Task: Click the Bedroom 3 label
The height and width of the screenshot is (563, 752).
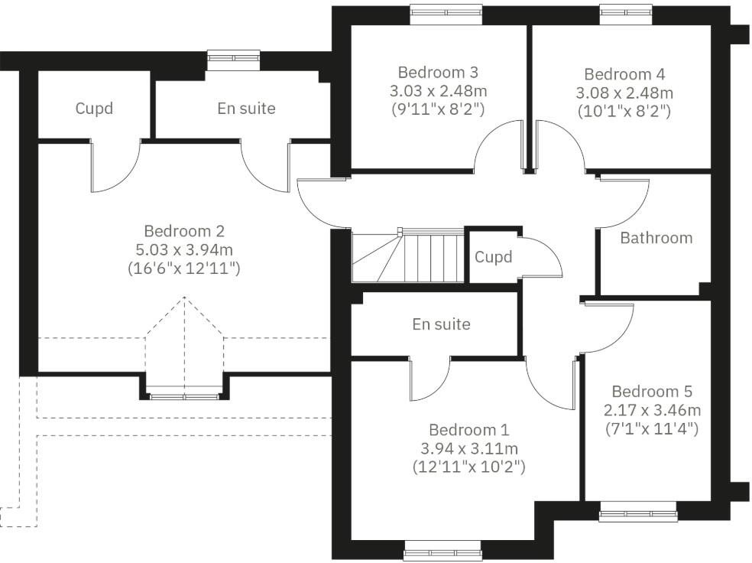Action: (x=438, y=73)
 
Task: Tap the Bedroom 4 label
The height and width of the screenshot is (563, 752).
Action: (x=624, y=74)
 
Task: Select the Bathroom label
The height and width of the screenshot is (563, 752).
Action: (x=656, y=238)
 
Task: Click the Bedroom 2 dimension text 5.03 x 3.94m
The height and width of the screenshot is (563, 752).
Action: (x=184, y=249)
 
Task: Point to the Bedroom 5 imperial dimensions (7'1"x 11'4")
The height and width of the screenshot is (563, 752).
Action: (x=652, y=428)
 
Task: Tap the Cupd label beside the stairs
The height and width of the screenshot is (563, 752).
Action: (x=493, y=257)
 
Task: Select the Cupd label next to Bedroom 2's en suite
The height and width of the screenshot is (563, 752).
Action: (x=94, y=109)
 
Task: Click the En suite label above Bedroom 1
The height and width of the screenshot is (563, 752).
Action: (x=441, y=324)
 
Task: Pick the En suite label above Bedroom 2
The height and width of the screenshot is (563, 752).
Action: (x=246, y=109)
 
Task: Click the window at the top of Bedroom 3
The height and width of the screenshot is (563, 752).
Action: (x=446, y=10)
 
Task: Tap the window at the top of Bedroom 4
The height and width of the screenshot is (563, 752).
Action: (x=626, y=10)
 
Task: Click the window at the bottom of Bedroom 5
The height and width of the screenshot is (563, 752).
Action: (x=637, y=510)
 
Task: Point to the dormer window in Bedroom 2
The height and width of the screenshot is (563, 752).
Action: (x=183, y=395)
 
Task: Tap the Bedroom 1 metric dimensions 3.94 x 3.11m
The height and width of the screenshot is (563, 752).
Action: (x=468, y=448)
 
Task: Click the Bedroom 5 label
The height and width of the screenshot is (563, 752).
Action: (x=652, y=392)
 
